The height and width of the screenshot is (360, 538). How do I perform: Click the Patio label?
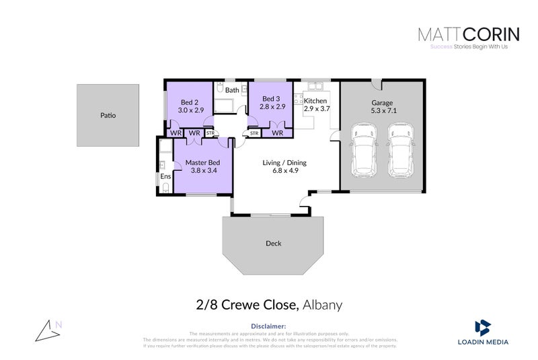(108, 115)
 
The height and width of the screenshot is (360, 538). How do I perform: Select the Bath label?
(232, 89)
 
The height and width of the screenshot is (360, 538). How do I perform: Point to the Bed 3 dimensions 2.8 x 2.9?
(272, 106)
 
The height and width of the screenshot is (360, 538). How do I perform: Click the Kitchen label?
(315, 101)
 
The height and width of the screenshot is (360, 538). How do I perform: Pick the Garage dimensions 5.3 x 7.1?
(382, 112)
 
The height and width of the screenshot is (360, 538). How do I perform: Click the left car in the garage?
(364, 147)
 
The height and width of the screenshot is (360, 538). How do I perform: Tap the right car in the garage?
(401, 147)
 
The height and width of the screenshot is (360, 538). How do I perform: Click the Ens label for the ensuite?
(165, 177)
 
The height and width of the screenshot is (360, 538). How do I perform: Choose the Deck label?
(273, 243)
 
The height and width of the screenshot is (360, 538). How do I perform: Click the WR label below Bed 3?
(276, 133)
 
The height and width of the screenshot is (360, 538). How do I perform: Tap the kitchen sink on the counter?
(314, 86)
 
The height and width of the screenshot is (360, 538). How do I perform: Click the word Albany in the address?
(323, 305)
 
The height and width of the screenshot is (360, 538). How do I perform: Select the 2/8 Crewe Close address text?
(247, 305)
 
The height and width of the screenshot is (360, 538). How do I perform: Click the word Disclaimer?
(268, 326)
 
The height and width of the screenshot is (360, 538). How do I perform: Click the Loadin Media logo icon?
(482, 328)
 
